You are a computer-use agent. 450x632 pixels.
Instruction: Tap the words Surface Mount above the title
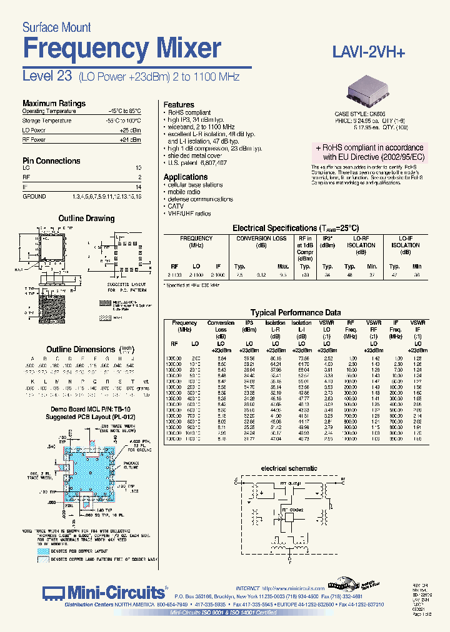coord(56,27)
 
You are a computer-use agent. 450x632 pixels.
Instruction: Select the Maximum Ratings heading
coord(54,104)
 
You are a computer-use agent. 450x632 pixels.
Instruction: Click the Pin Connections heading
coord(51,161)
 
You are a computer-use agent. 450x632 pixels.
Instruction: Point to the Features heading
coord(179,105)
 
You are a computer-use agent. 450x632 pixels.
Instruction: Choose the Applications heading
coord(186,177)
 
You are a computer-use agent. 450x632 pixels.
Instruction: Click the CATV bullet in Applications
coord(176,206)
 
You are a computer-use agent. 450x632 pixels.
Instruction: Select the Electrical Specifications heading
coord(296,229)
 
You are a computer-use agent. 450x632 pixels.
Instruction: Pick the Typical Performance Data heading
coord(296,313)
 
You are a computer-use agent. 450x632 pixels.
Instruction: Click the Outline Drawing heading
coord(86,219)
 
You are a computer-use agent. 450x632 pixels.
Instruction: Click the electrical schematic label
coord(289,468)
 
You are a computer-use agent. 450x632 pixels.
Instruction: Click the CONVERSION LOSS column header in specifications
coord(262,242)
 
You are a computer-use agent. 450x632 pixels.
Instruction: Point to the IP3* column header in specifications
coord(327,239)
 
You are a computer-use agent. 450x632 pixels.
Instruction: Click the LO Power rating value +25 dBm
coord(130,130)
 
